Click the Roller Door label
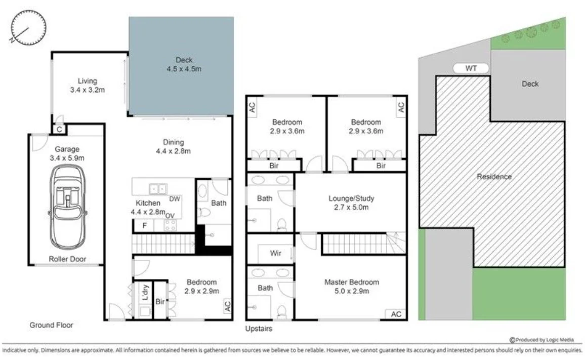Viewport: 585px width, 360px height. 67,259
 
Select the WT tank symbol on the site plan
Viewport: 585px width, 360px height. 471,68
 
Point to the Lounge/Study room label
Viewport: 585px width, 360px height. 351,198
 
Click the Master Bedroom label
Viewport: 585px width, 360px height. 351,282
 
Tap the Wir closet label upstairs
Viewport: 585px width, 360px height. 275,253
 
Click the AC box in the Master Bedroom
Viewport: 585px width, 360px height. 396,314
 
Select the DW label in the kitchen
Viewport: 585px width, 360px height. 175,199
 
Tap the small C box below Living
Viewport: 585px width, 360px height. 59,130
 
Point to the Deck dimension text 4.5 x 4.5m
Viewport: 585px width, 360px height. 184,69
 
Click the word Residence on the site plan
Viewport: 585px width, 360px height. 494,177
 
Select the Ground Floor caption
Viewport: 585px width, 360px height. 51,325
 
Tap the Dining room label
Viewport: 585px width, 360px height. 173,142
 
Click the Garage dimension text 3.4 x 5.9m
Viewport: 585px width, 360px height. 67,158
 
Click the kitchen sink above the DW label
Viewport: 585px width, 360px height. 157,189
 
